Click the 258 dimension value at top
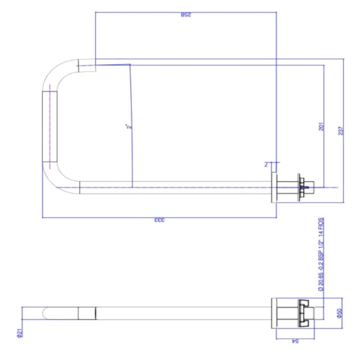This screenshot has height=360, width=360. [185, 14]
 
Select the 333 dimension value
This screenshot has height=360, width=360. [159, 221]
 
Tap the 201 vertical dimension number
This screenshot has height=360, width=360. [321, 127]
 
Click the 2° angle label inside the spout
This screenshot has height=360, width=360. [128, 126]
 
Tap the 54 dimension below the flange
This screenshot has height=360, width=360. [295, 343]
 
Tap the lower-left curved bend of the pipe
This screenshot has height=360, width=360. [58, 178]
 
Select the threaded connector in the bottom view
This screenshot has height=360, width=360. [306, 313]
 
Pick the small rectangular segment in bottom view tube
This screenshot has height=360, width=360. [88, 313]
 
